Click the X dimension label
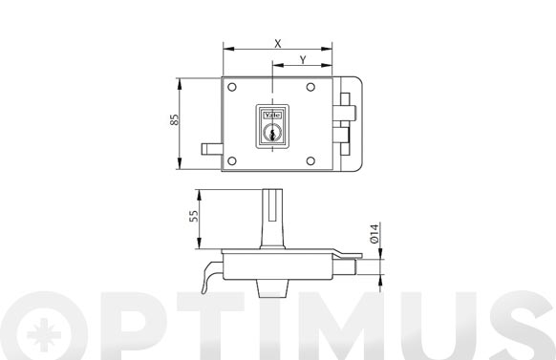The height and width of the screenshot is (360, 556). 278,44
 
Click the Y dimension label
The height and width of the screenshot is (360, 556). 303,60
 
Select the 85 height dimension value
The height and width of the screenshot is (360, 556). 174,119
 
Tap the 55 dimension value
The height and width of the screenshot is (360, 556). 194,216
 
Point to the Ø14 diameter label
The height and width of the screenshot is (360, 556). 374,234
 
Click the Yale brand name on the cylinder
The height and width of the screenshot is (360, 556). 272,116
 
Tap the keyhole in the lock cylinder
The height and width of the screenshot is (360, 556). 272,135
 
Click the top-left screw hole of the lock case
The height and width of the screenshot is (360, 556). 232,87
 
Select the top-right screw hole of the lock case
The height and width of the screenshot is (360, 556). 310,87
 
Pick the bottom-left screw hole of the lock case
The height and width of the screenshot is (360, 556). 232,161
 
